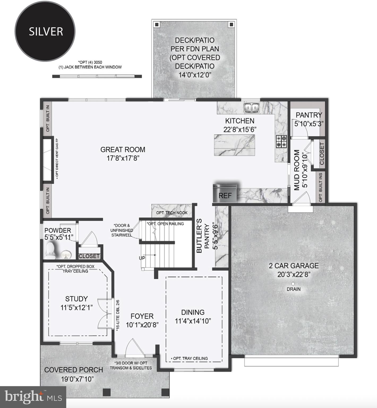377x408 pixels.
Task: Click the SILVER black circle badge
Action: [x=45, y=31]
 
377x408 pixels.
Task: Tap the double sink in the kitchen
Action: [x=251, y=108]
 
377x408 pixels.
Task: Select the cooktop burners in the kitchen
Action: [x=281, y=141]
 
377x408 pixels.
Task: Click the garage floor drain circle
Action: [x=293, y=284]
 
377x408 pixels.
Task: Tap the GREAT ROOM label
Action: [x=123, y=150]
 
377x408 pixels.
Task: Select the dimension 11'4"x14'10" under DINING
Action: [x=193, y=321]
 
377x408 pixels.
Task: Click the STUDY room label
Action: [x=76, y=299]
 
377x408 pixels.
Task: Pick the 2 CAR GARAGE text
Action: [x=294, y=266]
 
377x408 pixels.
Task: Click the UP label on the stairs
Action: [x=142, y=258]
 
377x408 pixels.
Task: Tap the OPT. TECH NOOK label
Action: [x=172, y=213]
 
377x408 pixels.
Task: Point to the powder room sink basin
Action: [x=66, y=255]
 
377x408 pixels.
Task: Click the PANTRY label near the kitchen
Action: [x=309, y=115]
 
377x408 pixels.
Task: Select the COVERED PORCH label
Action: [x=74, y=370]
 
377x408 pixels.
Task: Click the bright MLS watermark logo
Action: [x=33, y=397]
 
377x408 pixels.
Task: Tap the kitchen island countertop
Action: [x=234, y=145]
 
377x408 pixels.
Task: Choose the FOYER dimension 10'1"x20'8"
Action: [x=142, y=325]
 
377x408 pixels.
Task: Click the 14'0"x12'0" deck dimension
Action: [x=195, y=75]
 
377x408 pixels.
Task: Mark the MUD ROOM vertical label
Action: [x=297, y=170]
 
